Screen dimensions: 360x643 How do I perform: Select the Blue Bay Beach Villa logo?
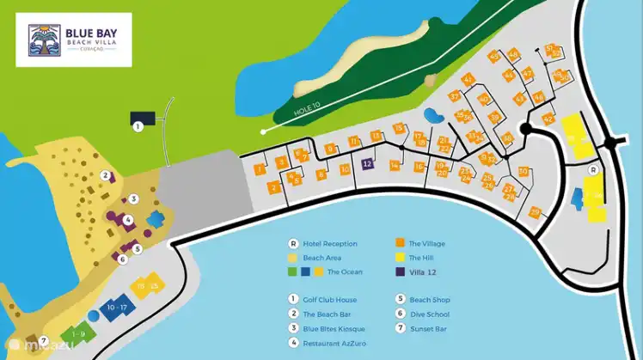[74, 40]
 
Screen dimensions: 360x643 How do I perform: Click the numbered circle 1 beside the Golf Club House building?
[138, 126]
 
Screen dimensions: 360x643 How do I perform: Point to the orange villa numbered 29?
[535, 212]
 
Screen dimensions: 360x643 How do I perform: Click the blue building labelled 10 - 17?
[117, 307]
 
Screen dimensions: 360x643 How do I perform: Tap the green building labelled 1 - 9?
[78, 333]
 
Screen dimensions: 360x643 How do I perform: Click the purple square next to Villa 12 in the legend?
[401, 272]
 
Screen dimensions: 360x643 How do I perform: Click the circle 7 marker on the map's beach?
[43, 340]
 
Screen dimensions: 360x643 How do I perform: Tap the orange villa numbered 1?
[259, 168]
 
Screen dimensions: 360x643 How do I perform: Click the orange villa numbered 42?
[548, 119]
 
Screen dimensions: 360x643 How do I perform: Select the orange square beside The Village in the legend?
[401, 243]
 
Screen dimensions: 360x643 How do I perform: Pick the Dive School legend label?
[429, 314]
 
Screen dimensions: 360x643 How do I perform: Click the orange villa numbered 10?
[345, 170]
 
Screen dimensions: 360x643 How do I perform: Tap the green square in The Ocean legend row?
[293, 272]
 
